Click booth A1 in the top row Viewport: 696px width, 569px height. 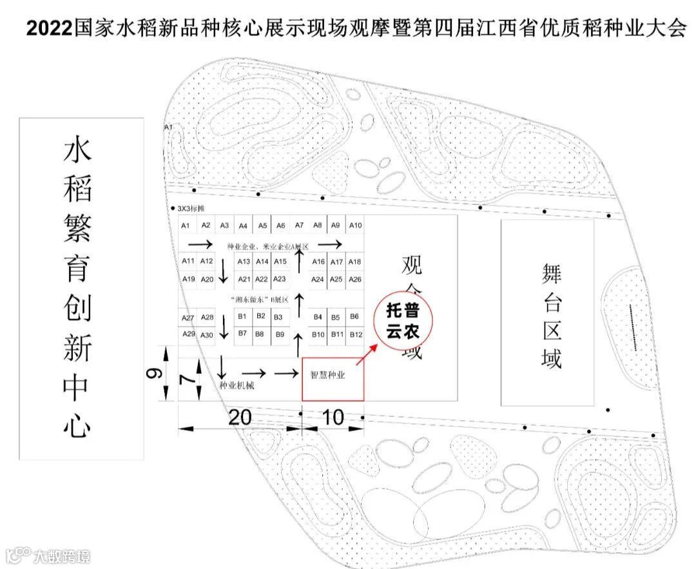[186, 226]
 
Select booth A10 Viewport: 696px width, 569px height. [355, 226]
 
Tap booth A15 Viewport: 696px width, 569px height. [280, 262]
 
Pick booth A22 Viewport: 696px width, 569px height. [262, 280]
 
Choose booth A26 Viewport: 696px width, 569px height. [355, 280]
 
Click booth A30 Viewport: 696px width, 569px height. [206, 335]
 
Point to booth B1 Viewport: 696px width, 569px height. [242, 316]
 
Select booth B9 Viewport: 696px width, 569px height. [280, 334]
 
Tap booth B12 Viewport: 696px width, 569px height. [356, 334]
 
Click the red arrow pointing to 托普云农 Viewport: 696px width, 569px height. [371, 350]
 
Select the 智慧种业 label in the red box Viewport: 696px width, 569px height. [327, 375]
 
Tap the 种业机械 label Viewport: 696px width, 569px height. [237, 386]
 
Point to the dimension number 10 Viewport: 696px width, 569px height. [333, 418]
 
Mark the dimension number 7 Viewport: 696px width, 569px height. [188, 380]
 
